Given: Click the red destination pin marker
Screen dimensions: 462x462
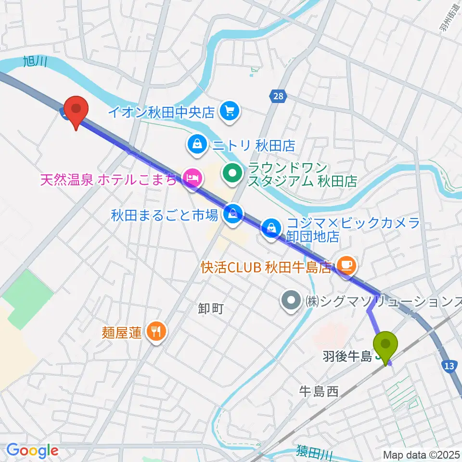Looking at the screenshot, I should pos(77,110).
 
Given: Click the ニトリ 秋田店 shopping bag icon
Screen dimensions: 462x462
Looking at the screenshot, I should pos(197,143).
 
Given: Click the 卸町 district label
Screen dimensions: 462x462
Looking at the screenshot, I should pos(211,309).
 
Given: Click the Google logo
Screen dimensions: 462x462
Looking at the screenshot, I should pos(33,450).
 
